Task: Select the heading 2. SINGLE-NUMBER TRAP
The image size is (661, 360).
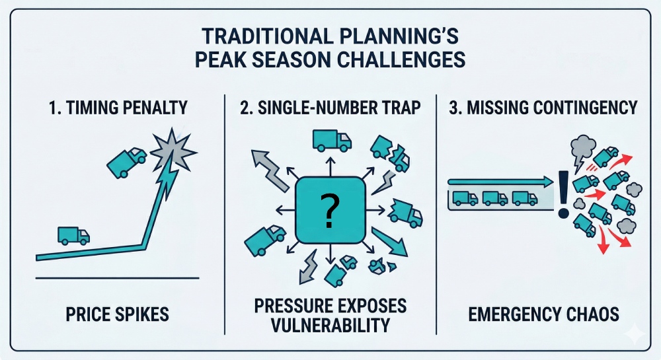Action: click(x=329, y=107)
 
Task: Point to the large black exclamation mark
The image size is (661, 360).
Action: click(x=563, y=194)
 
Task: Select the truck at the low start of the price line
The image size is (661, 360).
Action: click(x=73, y=235)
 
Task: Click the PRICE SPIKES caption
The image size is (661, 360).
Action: click(x=116, y=313)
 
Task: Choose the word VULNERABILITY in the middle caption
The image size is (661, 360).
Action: click(x=330, y=326)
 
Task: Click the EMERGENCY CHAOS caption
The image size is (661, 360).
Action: click(x=544, y=313)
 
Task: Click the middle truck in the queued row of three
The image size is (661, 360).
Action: click(x=494, y=198)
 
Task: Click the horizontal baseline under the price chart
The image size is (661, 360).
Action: click(x=116, y=278)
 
